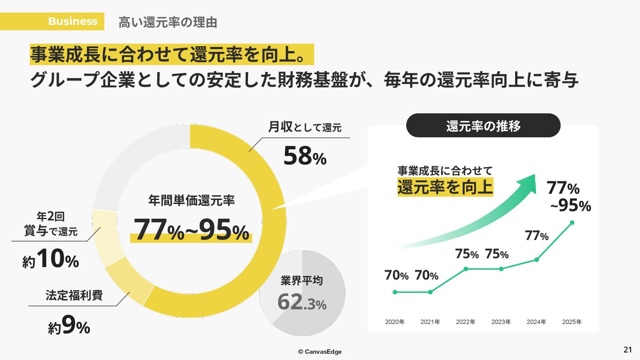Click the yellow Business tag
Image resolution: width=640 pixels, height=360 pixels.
(x=72, y=21)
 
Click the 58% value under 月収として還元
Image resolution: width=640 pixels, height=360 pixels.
(x=305, y=156)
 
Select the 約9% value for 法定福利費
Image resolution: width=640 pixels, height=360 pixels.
(x=69, y=326)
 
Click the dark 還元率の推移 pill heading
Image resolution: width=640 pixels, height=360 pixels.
(x=483, y=126)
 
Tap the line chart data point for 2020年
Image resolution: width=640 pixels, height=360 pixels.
(x=395, y=292)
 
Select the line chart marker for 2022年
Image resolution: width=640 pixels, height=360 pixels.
(x=466, y=269)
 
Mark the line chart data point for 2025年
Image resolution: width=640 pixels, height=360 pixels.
(x=572, y=222)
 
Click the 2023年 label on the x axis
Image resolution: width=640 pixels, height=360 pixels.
(x=501, y=322)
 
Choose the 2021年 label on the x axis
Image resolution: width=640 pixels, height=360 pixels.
(x=430, y=322)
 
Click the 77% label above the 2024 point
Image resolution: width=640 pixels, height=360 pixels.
(x=536, y=236)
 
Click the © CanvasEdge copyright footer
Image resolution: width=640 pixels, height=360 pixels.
(x=320, y=352)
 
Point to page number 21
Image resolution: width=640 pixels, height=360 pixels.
(x=628, y=349)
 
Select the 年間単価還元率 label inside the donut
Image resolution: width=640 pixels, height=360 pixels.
(x=191, y=201)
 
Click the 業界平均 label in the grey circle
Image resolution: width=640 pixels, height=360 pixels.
(x=302, y=281)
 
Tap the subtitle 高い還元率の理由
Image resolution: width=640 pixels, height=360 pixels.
(x=168, y=22)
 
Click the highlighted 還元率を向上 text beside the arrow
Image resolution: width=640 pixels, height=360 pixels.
(x=445, y=187)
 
